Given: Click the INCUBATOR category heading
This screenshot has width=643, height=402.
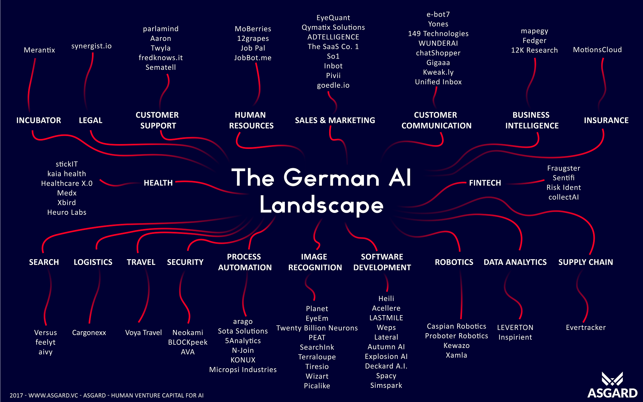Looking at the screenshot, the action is click(x=39, y=120).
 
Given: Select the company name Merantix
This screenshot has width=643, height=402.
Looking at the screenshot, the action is click(x=39, y=50).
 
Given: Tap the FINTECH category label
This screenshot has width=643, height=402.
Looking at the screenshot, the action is click(x=485, y=183).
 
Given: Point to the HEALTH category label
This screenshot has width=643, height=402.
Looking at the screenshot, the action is click(x=158, y=183).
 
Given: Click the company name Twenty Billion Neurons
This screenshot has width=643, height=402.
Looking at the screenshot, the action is click(x=317, y=328).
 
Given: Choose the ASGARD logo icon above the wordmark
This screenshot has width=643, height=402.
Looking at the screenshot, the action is click(x=612, y=379).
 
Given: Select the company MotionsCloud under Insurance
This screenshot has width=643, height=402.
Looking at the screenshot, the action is click(x=597, y=50).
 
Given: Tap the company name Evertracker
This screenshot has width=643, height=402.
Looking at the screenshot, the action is click(x=586, y=327).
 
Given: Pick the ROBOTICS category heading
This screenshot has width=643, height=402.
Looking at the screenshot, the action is click(x=454, y=262).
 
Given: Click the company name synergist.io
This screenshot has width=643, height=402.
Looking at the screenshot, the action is click(x=91, y=46).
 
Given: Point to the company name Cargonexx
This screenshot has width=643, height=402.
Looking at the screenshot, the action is click(x=89, y=333).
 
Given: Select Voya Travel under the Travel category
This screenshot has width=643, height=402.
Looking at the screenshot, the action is click(x=143, y=333).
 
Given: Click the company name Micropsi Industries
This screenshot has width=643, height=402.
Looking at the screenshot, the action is click(x=243, y=370).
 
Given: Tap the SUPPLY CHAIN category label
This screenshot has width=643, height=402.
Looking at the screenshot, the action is click(x=585, y=262).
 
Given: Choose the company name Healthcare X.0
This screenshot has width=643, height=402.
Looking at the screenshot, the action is click(x=67, y=183).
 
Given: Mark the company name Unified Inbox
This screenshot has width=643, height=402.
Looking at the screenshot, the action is click(x=438, y=82).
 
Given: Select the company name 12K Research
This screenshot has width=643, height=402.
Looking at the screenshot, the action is click(x=534, y=50).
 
